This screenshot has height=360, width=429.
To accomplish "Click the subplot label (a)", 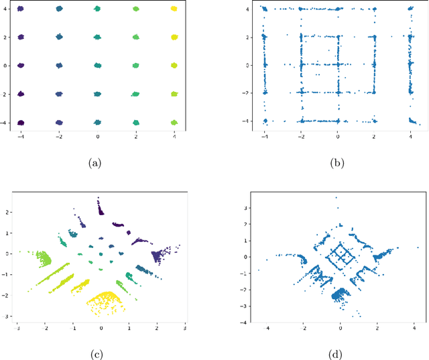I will pos(98,161).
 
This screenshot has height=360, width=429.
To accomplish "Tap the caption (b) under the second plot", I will pos(339,161).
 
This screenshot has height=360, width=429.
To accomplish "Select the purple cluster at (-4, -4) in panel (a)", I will pos(20,123).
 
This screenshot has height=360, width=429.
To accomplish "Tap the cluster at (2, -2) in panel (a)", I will pos(136,95).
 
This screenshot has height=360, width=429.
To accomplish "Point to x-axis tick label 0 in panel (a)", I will pos(98,137).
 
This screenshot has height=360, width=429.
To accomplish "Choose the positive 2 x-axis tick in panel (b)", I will pos(375,137).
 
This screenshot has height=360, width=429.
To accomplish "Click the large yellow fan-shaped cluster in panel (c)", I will pos(103,300).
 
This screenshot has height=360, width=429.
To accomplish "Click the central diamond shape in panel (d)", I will pos(341,255).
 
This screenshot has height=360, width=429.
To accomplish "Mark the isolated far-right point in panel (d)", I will pos(417,247).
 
